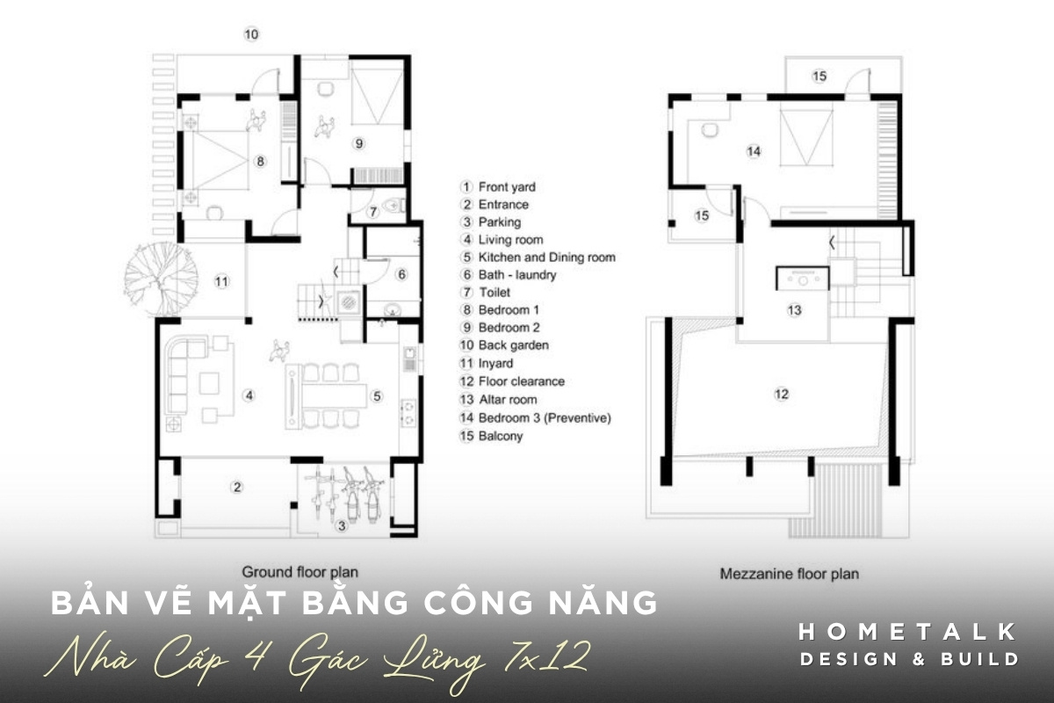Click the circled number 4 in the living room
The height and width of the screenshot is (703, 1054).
[x=249, y=395]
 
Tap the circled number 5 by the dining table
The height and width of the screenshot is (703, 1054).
[x=377, y=396]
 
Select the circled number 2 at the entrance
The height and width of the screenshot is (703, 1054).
[x=236, y=486]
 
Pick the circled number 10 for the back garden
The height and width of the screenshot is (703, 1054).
[x=251, y=34]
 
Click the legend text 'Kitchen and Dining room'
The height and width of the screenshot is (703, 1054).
[x=546, y=257]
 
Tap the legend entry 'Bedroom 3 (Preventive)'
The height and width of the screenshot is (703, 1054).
[x=545, y=417]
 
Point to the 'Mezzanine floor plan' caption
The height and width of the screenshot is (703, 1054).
[x=789, y=574]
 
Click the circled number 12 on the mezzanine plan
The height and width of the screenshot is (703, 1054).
[x=781, y=394]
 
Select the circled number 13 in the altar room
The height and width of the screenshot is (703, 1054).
[x=794, y=310]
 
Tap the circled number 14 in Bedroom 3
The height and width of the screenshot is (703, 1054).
[x=754, y=151]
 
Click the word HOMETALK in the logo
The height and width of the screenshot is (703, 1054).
[x=908, y=631]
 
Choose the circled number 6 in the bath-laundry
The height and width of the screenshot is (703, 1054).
[x=402, y=274]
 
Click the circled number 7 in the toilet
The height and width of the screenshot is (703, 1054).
[x=372, y=211]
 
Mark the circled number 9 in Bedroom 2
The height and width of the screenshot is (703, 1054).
[x=358, y=142]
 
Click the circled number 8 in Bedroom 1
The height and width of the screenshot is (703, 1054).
[x=260, y=161]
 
